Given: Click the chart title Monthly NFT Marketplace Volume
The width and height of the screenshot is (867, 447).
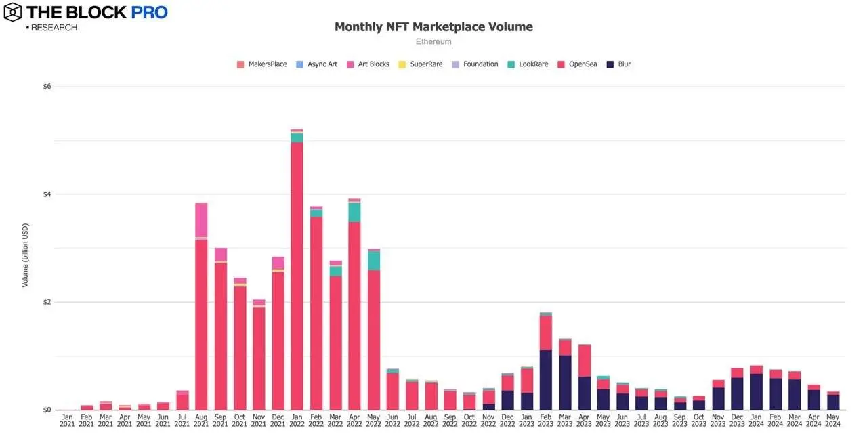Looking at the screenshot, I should (x=433, y=27).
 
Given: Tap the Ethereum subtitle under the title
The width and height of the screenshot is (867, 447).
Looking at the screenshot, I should (x=433, y=42).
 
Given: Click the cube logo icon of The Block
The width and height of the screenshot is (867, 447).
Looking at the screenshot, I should (x=12, y=12).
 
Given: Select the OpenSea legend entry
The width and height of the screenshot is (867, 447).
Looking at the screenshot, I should (x=581, y=64).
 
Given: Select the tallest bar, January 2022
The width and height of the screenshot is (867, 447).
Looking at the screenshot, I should (x=297, y=271).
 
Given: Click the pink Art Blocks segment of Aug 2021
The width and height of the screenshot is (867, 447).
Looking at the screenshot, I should (x=201, y=219).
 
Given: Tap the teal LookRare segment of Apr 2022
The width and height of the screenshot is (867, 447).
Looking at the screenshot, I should (x=354, y=212).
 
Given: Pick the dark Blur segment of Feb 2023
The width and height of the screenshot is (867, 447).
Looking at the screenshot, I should (x=546, y=379).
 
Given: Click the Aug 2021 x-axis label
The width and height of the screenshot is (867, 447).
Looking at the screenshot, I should (x=201, y=420).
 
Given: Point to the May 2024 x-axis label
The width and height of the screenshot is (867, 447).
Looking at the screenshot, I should (x=834, y=420).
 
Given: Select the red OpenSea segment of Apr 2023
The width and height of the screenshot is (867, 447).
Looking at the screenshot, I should (x=585, y=360).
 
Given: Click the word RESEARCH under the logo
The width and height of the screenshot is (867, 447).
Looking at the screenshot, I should (x=54, y=28).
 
